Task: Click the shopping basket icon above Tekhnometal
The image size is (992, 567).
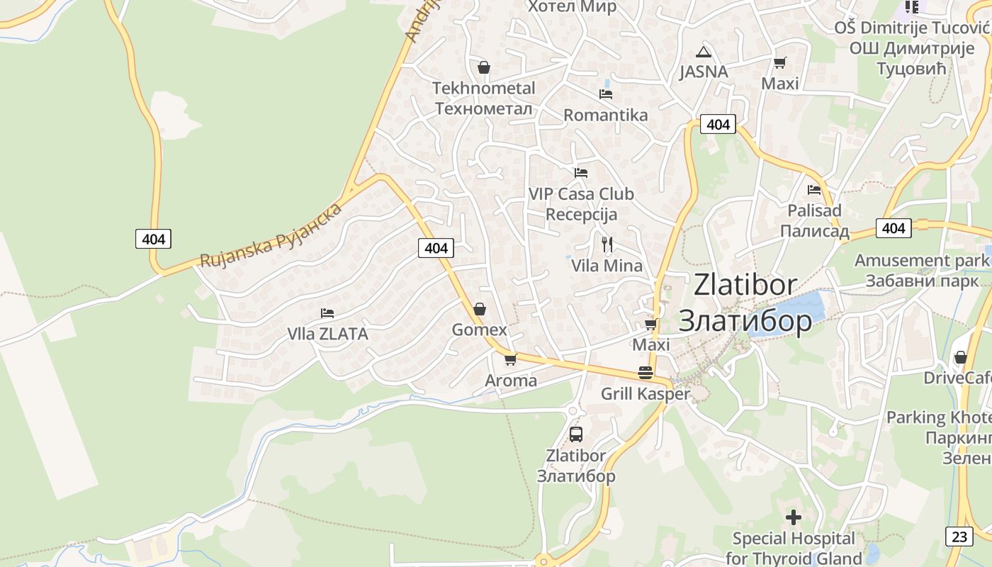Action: tap(484, 67)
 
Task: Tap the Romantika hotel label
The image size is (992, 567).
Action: tap(605, 115)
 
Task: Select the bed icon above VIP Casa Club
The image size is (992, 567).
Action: tap(581, 172)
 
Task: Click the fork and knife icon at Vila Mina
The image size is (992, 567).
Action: tap(607, 245)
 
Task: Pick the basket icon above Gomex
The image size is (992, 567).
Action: tap(480, 310)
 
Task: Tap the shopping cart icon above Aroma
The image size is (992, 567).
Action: tap(510, 359)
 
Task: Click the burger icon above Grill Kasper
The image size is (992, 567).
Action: tap(645, 373)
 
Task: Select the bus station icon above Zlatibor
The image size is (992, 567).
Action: tap(575, 434)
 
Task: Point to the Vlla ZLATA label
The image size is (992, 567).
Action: tap(327, 333)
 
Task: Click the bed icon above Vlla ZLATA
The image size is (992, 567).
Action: tap(327, 313)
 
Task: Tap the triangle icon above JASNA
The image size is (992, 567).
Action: tap(703, 51)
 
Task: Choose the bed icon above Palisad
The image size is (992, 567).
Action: tap(814, 189)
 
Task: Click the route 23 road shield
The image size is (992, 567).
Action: tap(959, 537)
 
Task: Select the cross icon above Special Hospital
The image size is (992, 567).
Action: tap(794, 517)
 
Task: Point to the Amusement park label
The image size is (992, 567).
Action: tap(920, 260)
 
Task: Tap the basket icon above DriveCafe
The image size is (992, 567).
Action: tap(961, 357)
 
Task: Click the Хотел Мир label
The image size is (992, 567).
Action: tap(572, 7)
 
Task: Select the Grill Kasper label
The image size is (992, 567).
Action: tap(645, 394)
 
